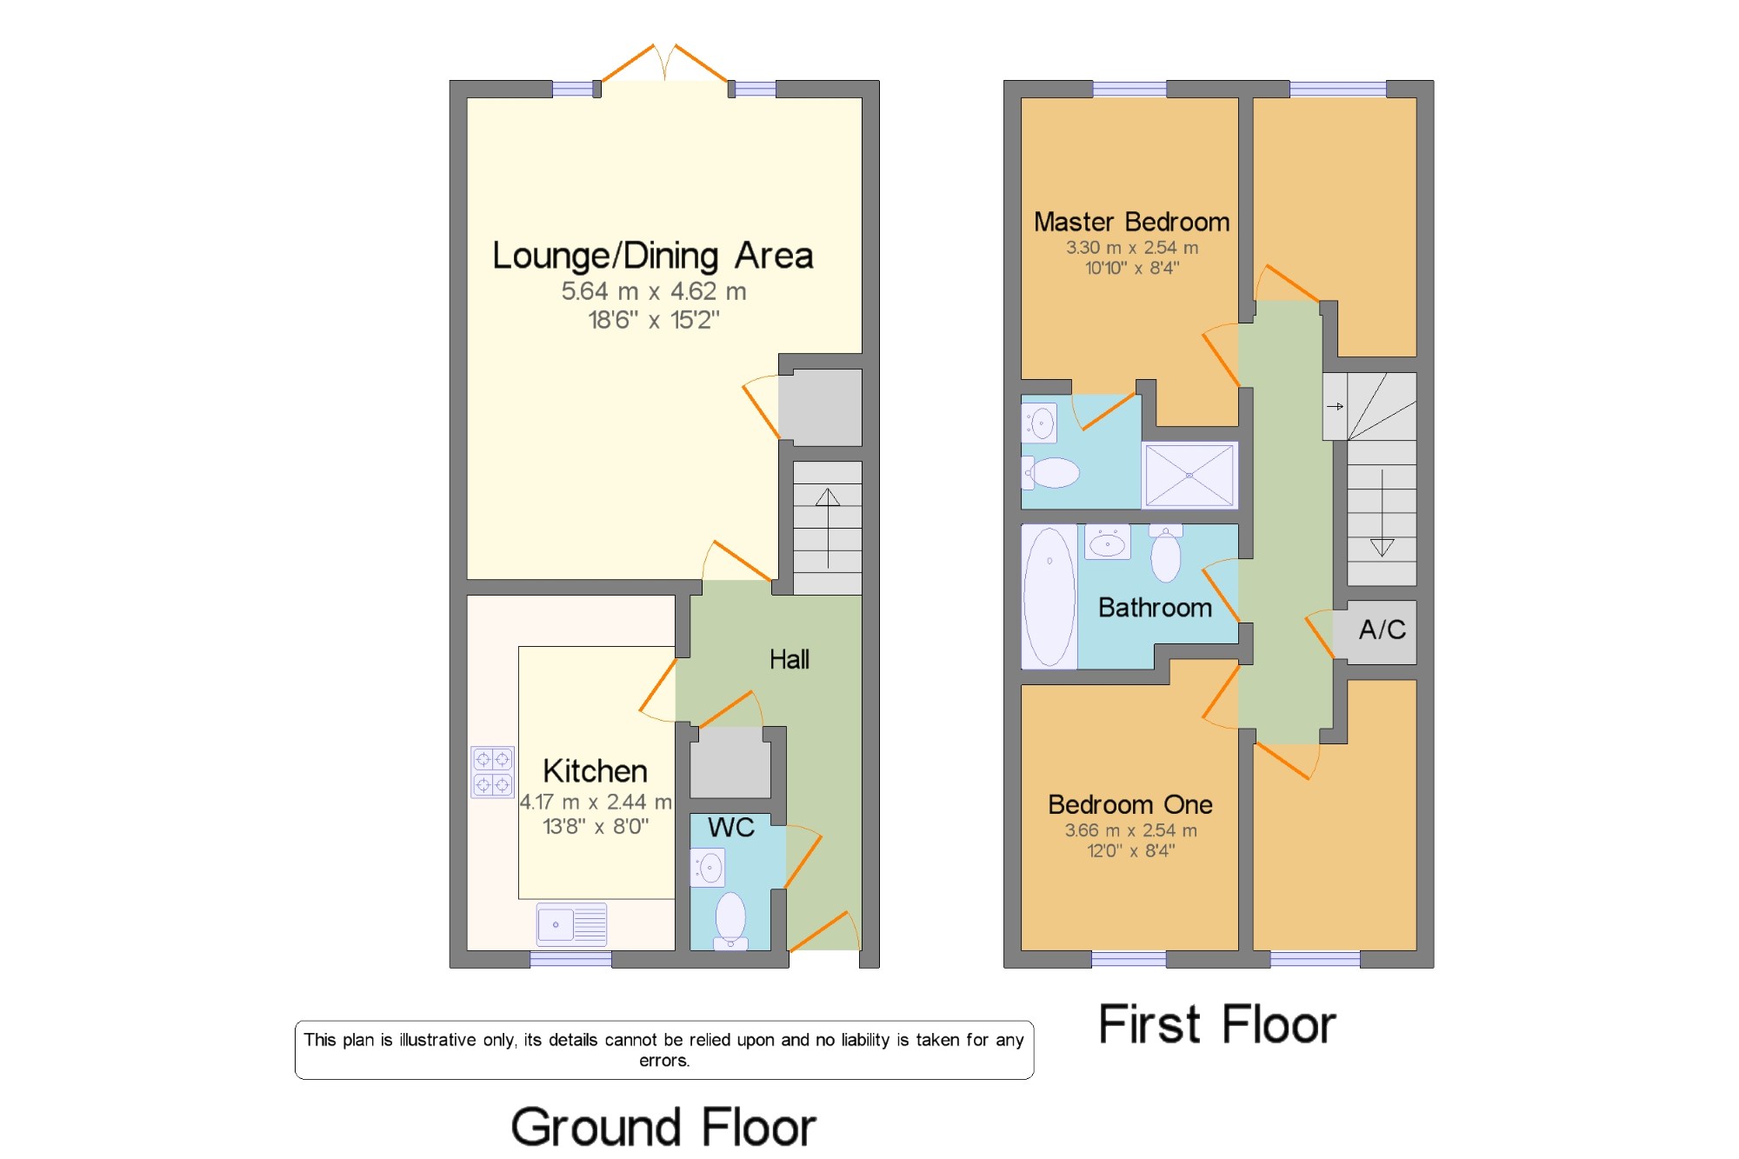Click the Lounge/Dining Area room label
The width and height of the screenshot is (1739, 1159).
(x=653, y=256)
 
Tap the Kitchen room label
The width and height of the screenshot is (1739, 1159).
(x=595, y=771)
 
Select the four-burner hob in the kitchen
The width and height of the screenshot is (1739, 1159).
(x=492, y=772)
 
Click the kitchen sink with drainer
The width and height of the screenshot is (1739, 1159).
(x=571, y=924)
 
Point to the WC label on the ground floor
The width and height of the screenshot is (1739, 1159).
(x=731, y=828)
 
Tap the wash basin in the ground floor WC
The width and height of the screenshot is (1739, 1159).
(x=708, y=868)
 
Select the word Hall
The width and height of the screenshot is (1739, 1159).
(x=790, y=659)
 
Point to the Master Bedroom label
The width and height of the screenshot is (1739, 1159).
(x=1131, y=222)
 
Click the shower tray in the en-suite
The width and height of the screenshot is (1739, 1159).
(x=1189, y=475)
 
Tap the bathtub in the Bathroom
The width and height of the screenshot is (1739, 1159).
(x=1049, y=596)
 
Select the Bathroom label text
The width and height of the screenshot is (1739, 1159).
(x=1155, y=607)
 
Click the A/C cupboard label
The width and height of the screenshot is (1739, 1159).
(x=1383, y=629)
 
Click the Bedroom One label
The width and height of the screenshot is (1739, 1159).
(x=1130, y=804)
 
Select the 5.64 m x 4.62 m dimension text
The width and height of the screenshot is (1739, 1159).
(x=654, y=291)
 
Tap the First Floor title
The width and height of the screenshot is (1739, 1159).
(x=1217, y=1024)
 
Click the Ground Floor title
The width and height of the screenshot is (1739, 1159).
(x=663, y=1127)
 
